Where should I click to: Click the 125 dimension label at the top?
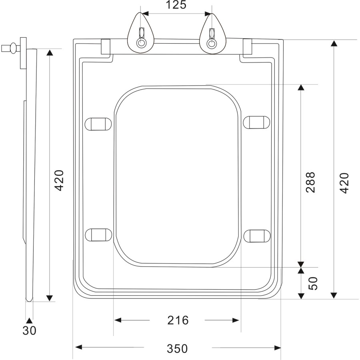[x=176, y=5]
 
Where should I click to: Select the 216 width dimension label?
[x=177, y=320]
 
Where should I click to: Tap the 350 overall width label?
[x=177, y=348]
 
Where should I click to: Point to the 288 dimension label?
[x=310, y=182]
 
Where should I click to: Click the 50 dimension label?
[x=313, y=283]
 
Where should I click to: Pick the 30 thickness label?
[x=29, y=331]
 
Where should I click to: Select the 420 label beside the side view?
[x=59, y=180]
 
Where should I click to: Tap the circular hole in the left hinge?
[x=141, y=44]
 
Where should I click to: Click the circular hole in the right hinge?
[x=211, y=44]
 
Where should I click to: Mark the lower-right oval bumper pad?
[x=257, y=236]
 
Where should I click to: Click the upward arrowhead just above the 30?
[x=29, y=320]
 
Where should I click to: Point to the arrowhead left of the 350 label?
[x=79, y=347]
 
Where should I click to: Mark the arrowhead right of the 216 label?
[x=236, y=320]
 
